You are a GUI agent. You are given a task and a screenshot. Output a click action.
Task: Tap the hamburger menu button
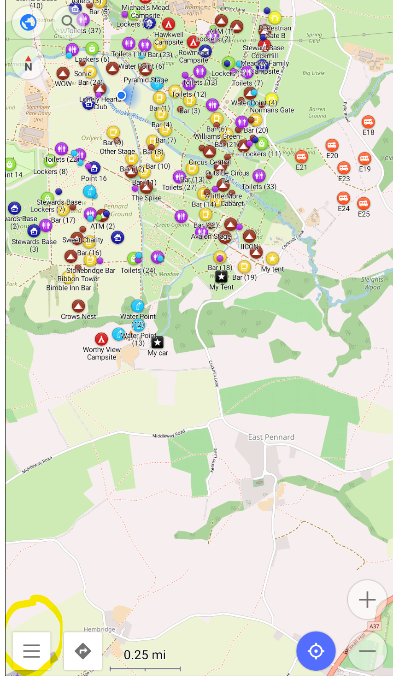pyautogui.click(x=31, y=650)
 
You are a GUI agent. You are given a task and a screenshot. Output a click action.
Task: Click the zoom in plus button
pyautogui.click(x=367, y=600)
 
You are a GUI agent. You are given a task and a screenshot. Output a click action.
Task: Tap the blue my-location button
pyautogui.click(x=316, y=651)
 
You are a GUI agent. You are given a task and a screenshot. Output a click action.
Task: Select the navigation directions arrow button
pyautogui.click(x=83, y=650)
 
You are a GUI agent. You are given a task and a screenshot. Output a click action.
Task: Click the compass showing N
pyautogui.click(x=29, y=64)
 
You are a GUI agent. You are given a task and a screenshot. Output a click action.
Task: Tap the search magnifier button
pyautogui.click(x=68, y=21)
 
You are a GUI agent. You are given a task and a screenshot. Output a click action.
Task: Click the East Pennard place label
pyautogui.click(x=271, y=437)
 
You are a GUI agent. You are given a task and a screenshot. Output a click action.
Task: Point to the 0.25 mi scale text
pyautogui.click(x=145, y=655)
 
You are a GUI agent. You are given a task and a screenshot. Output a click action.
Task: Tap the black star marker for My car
pyautogui.click(x=158, y=342)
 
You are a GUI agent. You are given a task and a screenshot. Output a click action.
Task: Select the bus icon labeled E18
pyautogui.click(x=368, y=122)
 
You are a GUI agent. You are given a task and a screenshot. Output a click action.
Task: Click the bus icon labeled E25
pyautogui.click(x=364, y=203)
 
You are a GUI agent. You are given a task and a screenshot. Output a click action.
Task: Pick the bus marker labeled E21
pyautogui.click(x=301, y=157)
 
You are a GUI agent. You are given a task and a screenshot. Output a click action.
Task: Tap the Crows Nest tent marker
pyautogui.click(x=78, y=306)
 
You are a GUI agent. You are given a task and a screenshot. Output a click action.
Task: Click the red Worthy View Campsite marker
pyautogui.click(x=101, y=339)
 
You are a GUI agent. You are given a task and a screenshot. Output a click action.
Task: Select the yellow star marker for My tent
pyautogui.click(x=272, y=259)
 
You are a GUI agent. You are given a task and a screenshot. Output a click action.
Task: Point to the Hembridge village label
pyautogui.click(x=100, y=629)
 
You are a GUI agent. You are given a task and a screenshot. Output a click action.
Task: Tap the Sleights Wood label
pyautogui.click(x=372, y=283)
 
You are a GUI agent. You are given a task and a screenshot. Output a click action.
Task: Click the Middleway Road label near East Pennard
pyautogui.click(x=169, y=435)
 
